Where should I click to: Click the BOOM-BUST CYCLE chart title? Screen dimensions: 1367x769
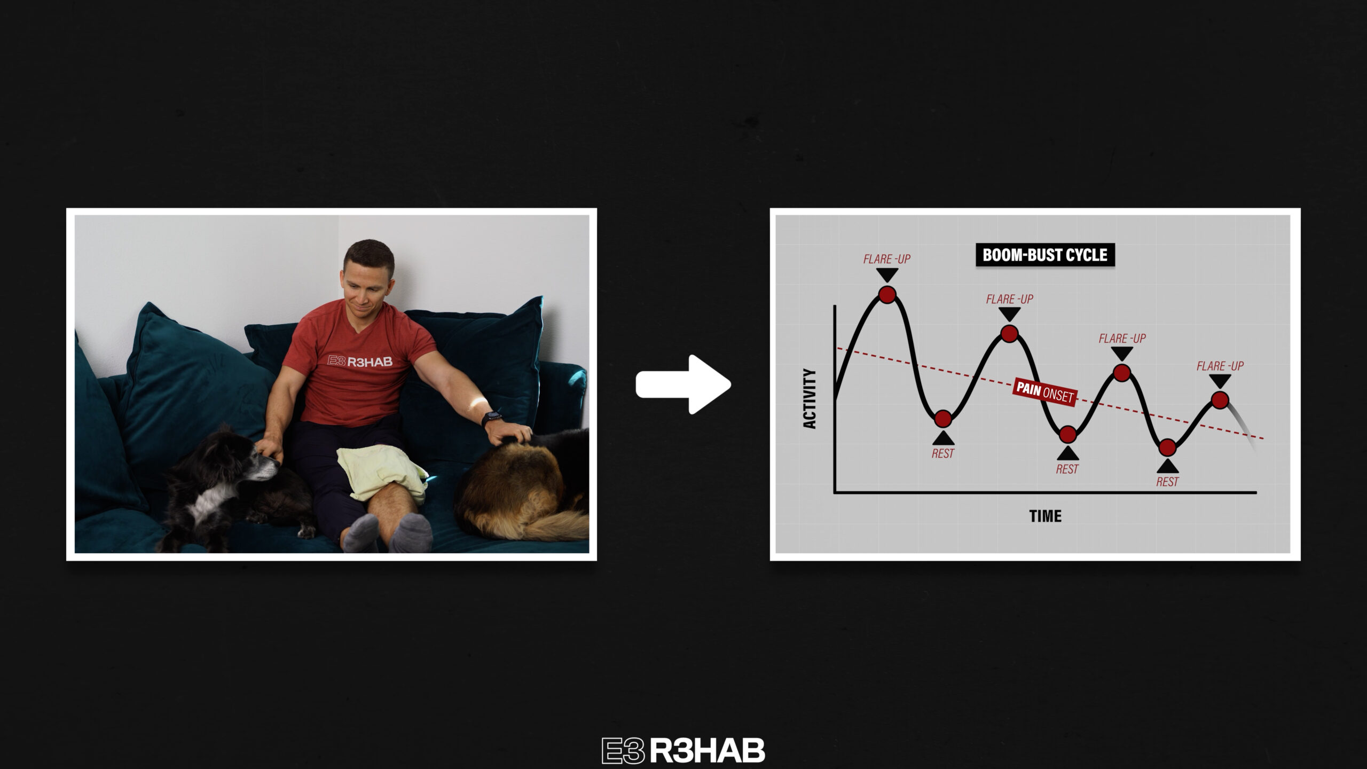click(x=1045, y=255)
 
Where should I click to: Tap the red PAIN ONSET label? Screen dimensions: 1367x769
click(x=1044, y=393)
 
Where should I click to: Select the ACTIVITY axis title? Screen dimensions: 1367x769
click(x=810, y=398)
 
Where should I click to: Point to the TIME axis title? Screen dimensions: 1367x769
click(x=1045, y=516)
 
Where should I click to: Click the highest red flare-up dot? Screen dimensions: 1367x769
click(x=887, y=294)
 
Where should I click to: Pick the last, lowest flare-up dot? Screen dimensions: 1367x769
click(x=1220, y=400)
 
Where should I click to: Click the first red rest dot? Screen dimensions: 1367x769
click(x=943, y=419)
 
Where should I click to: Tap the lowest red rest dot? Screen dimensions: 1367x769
click(x=1167, y=448)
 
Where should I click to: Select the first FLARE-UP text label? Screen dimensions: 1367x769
click(x=886, y=259)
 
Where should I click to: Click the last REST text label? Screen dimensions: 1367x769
click(x=1167, y=482)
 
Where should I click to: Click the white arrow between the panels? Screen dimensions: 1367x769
click(x=683, y=384)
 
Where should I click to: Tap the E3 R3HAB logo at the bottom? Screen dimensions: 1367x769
click(x=683, y=750)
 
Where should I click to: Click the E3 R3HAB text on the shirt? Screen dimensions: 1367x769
click(x=360, y=362)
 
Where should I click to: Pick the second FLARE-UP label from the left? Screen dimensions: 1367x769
click(x=1009, y=299)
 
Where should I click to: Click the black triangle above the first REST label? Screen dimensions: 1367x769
click(x=943, y=438)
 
